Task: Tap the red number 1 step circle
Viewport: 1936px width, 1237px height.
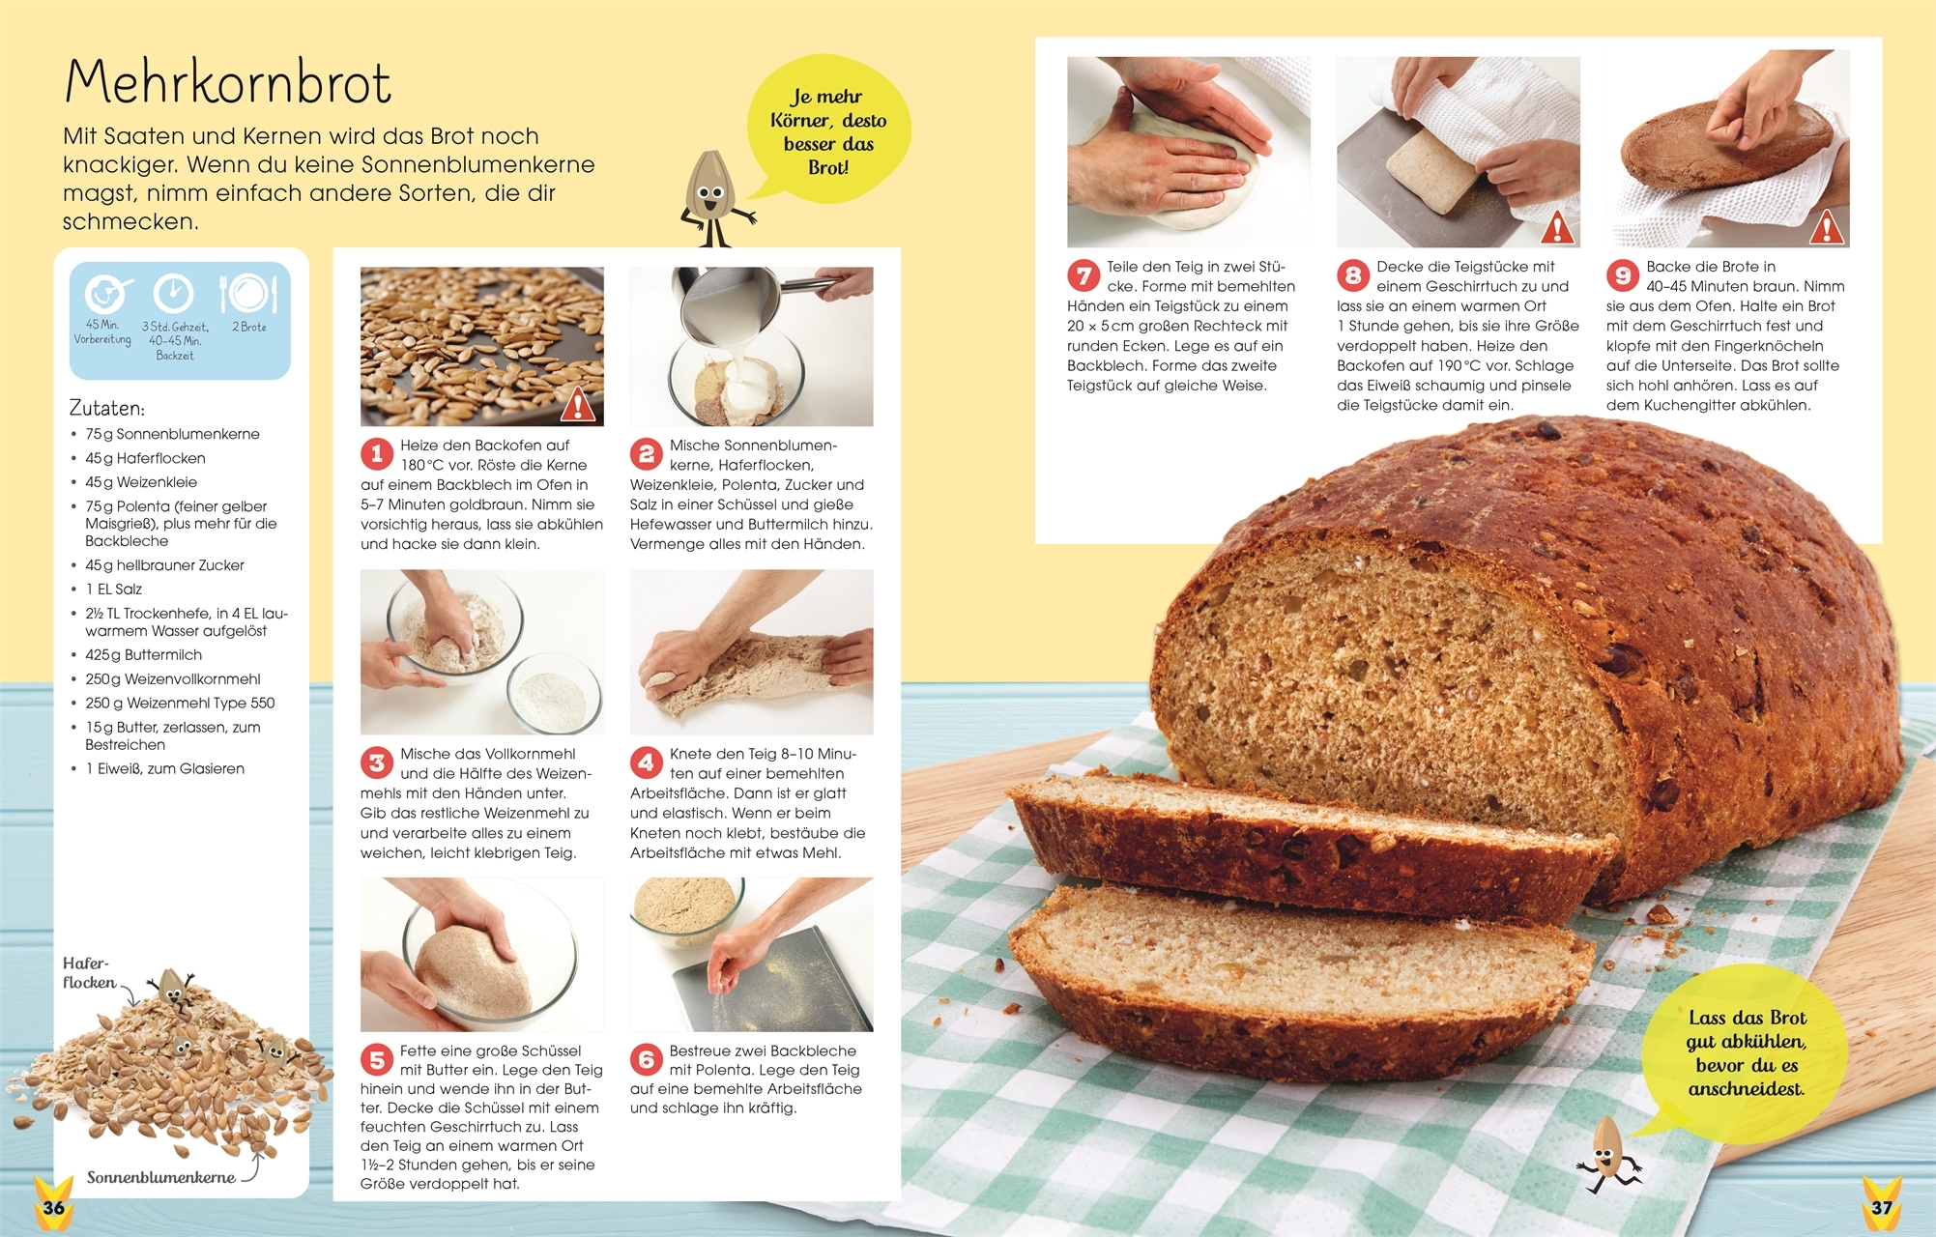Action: click(377, 454)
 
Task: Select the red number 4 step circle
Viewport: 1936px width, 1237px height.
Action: click(647, 762)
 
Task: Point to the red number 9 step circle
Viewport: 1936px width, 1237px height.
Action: click(1623, 275)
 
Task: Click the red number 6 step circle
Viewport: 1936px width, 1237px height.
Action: click(647, 1059)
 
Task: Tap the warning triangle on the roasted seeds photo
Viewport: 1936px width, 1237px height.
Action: click(577, 404)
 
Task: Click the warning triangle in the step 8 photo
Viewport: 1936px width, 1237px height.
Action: click(1557, 228)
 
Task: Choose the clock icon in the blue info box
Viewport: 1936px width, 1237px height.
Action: click(174, 293)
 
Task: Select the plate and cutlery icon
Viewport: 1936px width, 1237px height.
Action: click(248, 294)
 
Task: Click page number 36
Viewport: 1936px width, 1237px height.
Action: click(54, 1207)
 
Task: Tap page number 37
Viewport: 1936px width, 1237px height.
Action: click(1881, 1207)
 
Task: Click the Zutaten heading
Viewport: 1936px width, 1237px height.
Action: click(107, 408)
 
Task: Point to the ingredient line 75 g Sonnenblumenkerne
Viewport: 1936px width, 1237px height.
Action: click(172, 434)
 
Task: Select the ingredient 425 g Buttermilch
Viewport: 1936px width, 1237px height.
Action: click(143, 654)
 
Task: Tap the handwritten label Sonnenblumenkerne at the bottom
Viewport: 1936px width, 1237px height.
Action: click(161, 1177)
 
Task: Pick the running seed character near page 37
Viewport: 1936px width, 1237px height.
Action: click(1607, 1155)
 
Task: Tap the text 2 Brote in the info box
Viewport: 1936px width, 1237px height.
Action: click(249, 327)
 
